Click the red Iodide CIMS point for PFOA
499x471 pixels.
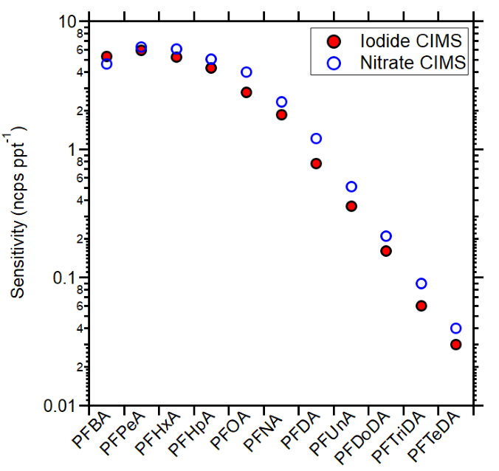coord(247,92)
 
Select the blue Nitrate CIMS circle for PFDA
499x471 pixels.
coord(316,138)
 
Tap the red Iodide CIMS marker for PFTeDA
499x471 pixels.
coord(456,344)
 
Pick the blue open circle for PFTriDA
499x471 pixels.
coord(421,283)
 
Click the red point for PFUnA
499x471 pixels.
coord(351,206)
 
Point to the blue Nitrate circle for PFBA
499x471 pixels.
coord(106,64)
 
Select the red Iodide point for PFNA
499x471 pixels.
coord(281,114)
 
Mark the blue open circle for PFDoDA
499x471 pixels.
coord(386,236)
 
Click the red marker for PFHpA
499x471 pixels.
coord(211,68)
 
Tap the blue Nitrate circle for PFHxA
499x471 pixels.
coord(176,49)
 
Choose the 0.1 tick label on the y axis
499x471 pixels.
coord(65,278)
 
